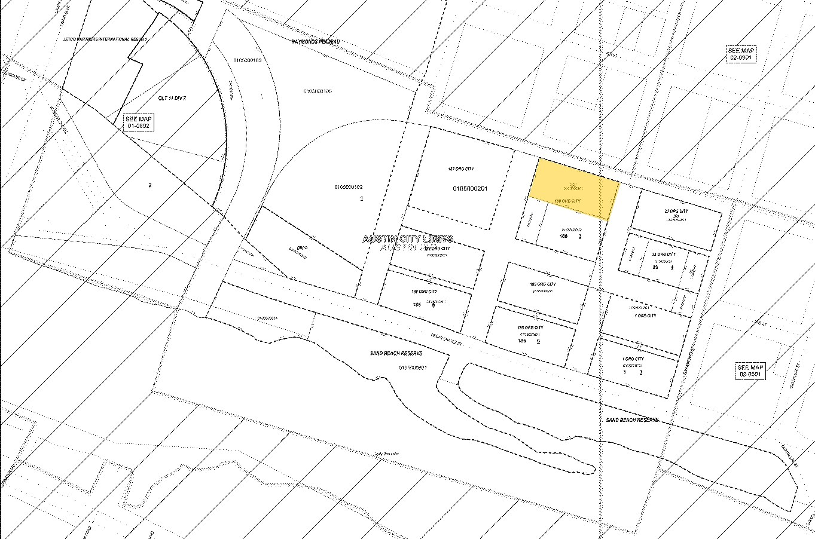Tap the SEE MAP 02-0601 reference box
741,54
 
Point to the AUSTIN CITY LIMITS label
408,239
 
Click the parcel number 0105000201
471,189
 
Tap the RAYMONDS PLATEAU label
315,42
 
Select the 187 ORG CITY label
460,169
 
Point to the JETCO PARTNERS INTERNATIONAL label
105,39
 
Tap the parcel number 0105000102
349,187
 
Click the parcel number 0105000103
248,60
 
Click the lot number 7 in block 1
641,372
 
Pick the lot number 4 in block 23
671,267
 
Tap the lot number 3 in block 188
580,236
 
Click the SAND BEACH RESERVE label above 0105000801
396,354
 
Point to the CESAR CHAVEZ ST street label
448,339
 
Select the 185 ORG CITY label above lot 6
530,327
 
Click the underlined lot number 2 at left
149,185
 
